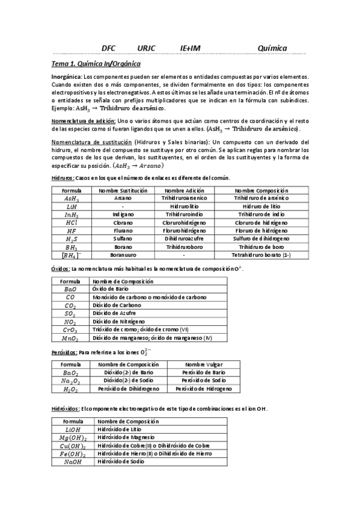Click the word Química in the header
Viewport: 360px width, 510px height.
[x=272, y=48]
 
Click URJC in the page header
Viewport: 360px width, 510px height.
[x=146, y=48]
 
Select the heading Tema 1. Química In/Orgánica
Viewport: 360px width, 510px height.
[x=97, y=63]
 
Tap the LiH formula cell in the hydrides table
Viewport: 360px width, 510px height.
[x=71, y=206]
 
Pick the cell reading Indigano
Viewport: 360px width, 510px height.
[x=123, y=214]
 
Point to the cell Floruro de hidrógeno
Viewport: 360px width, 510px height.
[x=261, y=230]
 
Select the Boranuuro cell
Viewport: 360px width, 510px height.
[x=123, y=255]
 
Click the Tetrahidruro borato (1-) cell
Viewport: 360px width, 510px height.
[x=261, y=255]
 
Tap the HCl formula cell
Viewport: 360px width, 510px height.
[x=71, y=223]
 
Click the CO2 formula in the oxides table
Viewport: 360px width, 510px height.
[x=70, y=306]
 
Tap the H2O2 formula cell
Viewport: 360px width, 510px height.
[x=71, y=389]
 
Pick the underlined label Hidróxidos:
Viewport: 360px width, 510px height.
[x=66, y=409]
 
